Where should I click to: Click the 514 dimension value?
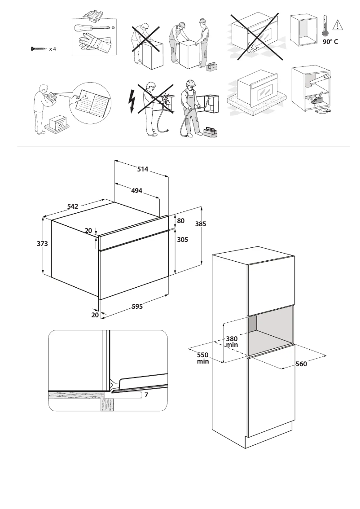(x=143, y=169)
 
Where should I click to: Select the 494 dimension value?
(x=136, y=191)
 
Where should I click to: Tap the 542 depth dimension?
(x=73, y=206)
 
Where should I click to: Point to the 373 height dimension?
(x=43, y=243)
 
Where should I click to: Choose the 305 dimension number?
(x=182, y=240)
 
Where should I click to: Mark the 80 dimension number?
(x=180, y=221)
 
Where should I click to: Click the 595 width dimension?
(x=137, y=307)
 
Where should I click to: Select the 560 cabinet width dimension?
(x=301, y=364)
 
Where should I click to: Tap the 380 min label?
(x=232, y=342)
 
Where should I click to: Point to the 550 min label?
(x=203, y=358)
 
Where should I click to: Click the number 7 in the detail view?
(x=146, y=395)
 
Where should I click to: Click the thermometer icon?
(x=325, y=27)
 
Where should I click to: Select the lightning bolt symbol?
(x=131, y=102)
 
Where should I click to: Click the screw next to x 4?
(x=38, y=48)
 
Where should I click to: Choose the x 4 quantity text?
(x=53, y=48)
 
